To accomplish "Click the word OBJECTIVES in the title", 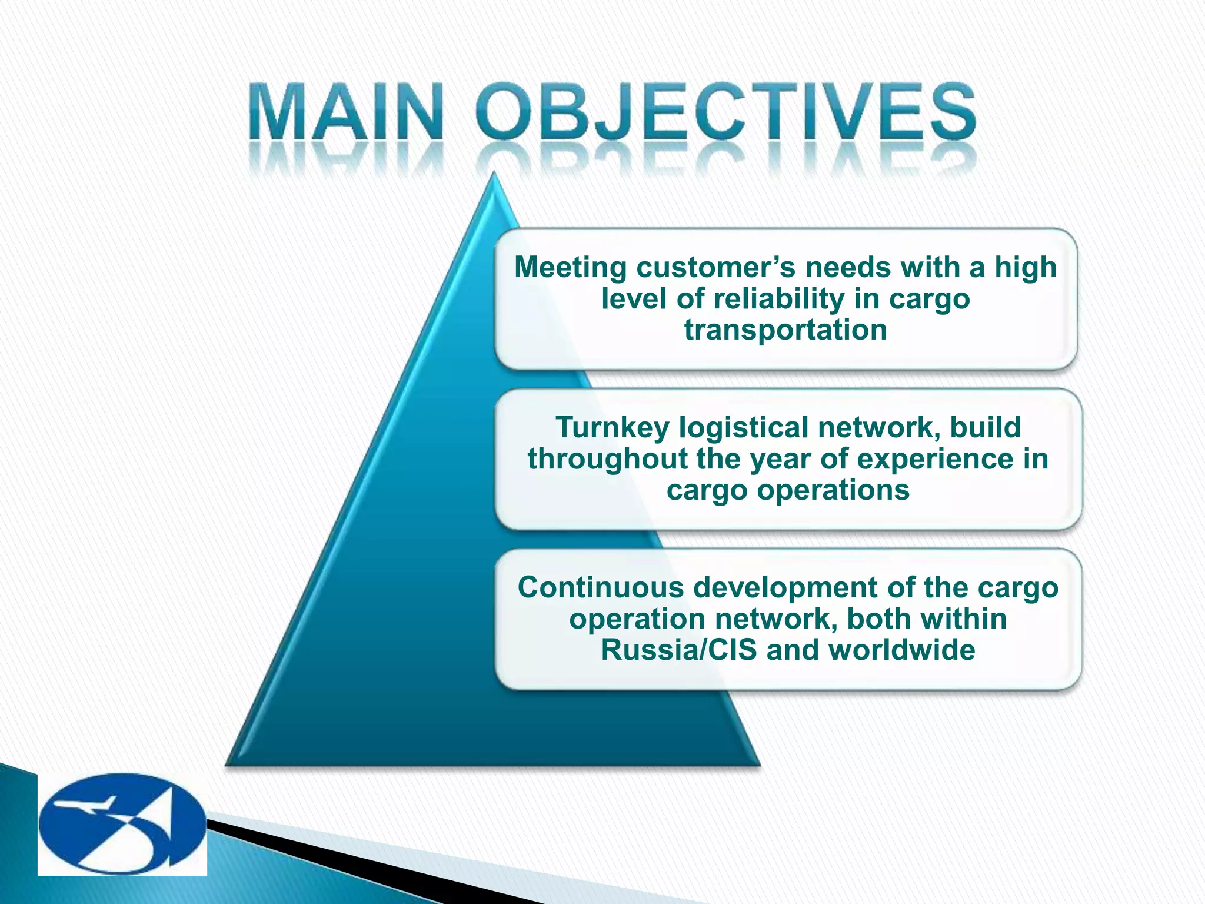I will (727, 112).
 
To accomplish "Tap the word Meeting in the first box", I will (570, 268).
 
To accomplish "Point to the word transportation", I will (785, 330).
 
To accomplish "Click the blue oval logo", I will (122, 823).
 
